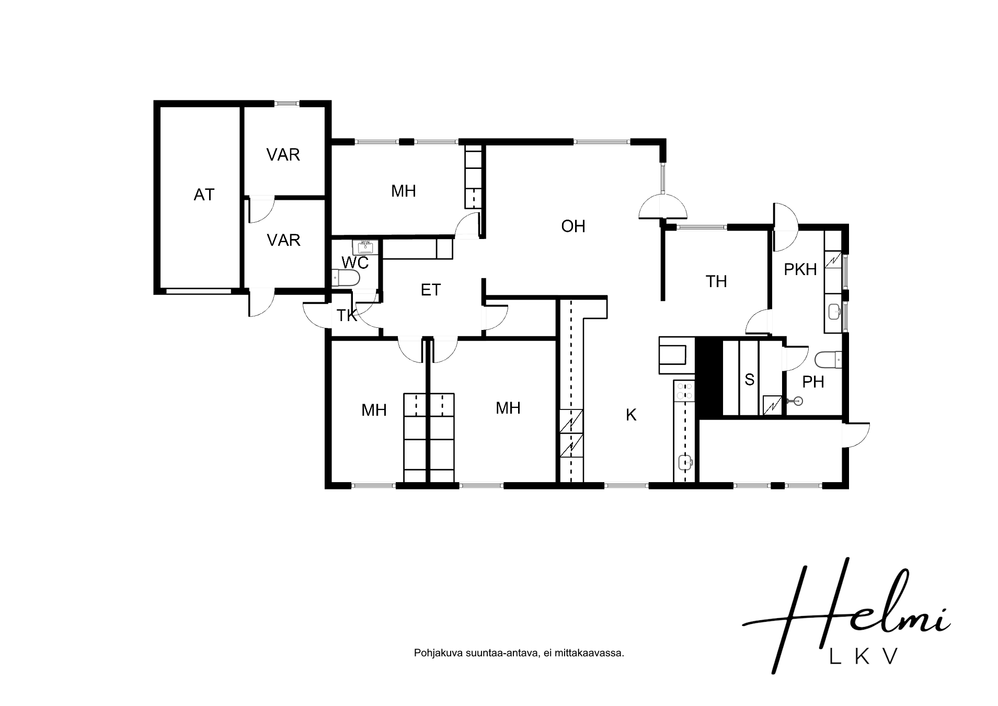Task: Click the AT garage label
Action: [204, 195]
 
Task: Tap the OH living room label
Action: [573, 226]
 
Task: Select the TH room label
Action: [716, 281]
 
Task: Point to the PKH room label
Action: [800, 269]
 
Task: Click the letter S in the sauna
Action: [750, 380]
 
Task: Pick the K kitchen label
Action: [631, 415]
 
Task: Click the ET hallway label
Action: [431, 290]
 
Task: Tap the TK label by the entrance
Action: [347, 315]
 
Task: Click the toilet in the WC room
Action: [346, 278]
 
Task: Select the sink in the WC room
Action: [365, 247]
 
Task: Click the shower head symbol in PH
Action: [796, 401]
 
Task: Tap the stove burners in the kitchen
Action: [684, 391]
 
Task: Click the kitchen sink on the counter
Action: [685, 462]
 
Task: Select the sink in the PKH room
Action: [834, 312]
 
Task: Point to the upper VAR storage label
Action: [283, 155]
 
